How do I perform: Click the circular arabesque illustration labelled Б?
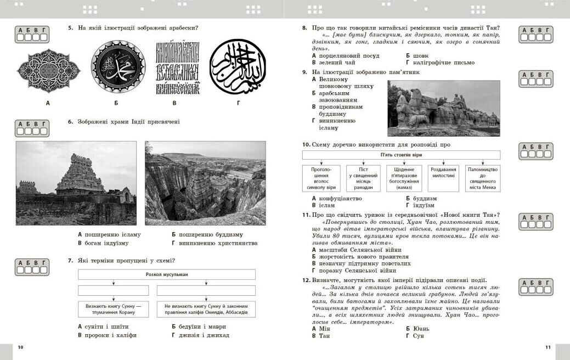(118, 67)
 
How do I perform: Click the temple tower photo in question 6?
(76, 183)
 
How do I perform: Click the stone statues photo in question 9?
(444, 108)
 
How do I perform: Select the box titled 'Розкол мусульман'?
(167, 274)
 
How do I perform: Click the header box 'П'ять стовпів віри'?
(402, 155)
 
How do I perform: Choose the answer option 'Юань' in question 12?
(421, 329)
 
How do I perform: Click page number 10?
(20, 347)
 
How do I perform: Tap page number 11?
(547, 347)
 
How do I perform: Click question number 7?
(71, 261)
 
